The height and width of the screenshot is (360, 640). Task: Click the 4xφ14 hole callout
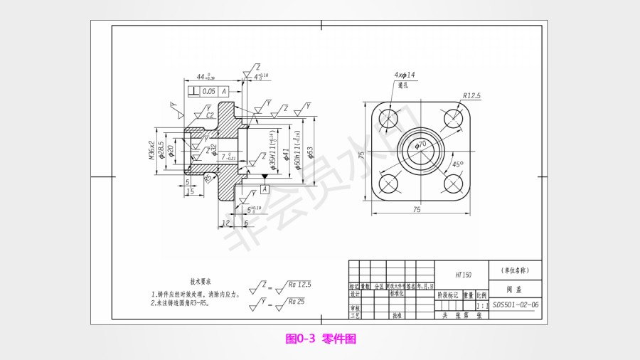405,75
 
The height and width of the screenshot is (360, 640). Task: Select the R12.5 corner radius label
471,95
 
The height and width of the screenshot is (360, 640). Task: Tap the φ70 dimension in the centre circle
421,144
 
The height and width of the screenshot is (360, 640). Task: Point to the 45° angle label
459,164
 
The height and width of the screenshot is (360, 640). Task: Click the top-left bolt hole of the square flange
389,119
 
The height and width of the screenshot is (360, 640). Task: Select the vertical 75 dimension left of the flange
362,154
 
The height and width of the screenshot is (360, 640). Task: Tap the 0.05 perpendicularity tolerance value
208,92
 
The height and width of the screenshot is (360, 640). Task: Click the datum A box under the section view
264,189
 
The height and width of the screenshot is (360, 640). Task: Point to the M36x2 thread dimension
152,150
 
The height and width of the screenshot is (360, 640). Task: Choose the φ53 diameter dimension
310,153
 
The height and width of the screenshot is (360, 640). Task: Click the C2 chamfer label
210,115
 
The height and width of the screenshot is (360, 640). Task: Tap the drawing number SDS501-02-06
516,305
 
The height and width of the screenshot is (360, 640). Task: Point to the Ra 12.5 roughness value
299,285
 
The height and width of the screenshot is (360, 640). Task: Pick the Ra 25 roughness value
296,302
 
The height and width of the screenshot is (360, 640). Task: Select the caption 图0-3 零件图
320,339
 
